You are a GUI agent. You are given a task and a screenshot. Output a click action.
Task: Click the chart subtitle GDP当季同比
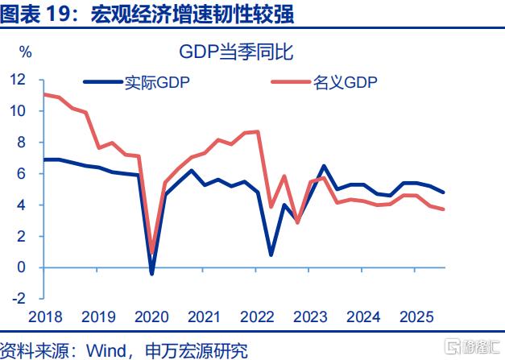[236, 53]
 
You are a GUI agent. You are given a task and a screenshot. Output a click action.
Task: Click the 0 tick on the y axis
[21, 267]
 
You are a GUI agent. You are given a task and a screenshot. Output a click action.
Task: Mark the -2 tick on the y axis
[18, 299]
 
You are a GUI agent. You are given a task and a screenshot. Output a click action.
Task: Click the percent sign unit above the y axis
[25, 53]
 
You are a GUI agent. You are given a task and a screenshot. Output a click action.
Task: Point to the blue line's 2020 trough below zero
[152, 274]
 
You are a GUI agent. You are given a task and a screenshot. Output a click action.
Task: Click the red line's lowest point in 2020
[152, 253]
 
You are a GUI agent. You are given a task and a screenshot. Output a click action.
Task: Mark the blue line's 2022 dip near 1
[271, 254]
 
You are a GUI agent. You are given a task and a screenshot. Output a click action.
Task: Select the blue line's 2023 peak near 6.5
[324, 166]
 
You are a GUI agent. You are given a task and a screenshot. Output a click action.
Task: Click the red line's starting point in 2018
[43, 94]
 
